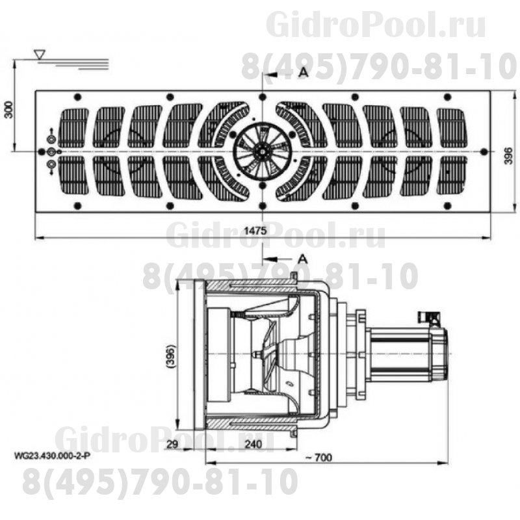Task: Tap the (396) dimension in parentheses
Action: click(x=171, y=354)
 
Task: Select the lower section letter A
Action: click(x=302, y=258)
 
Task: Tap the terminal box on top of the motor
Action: click(x=430, y=318)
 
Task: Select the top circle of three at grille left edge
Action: click(x=51, y=138)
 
